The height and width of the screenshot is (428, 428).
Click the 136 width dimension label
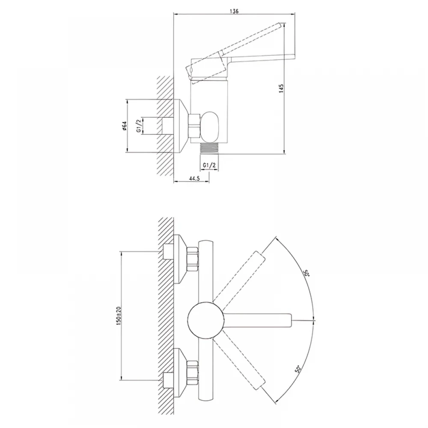point(234,11)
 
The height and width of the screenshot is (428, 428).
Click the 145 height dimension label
point(282,88)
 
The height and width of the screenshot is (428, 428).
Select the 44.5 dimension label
point(194,178)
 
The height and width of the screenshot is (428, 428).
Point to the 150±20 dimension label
point(119,315)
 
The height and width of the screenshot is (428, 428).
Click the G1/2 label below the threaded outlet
point(209,165)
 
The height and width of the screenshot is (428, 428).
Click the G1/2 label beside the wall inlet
point(139,126)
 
